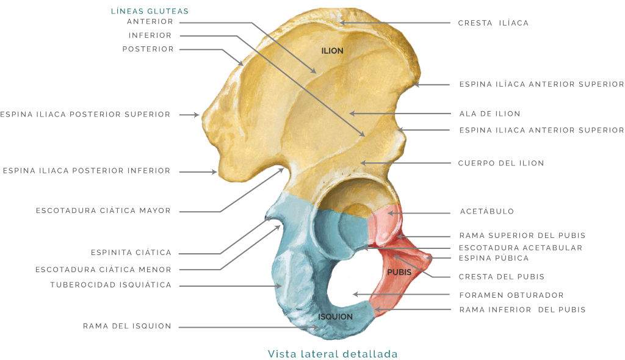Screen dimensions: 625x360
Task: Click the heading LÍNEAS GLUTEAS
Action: pyautogui.click(x=150, y=11)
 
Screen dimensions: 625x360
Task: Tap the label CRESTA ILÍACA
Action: pyautogui.click(x=493, y=23)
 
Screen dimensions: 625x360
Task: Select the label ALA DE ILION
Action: pyautogui.click(x=490, y=113)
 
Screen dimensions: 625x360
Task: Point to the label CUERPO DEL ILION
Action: pyautogui.click(x=501, y=163)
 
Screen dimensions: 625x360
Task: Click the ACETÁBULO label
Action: pyautogui.click(x=487, y=211)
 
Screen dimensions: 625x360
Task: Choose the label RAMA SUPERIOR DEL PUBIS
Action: pyautogui.click(x=522, y=236)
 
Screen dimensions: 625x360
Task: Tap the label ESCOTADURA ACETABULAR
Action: pyautogui.click(x=521, y=248)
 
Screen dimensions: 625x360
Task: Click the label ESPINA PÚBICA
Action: pyautogui.click(x=494, y=258)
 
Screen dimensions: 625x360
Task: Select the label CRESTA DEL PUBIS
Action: pyautogui.click(x=502, y=276)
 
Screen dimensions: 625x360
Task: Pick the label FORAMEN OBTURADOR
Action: pyautogui.click(x=511, y=295)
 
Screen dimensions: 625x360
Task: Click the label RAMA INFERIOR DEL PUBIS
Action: pyautogui.click(x=522, y=310)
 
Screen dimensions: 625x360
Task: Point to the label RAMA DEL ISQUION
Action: pyautogui.click(x=127, y=326)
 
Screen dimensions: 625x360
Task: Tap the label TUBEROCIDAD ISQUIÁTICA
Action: pyautogui.click(x=111, y=285)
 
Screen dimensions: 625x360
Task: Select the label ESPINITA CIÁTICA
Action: pyautogui.click(x=131, y=253)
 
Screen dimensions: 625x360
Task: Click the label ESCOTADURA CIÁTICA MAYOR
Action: pyautogui.click(x=103, y=211)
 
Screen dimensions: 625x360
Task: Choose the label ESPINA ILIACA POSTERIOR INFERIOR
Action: pyautogui.click(x=87, y=171)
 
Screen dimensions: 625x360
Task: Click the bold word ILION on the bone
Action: pyautogui.click(x=333, y=51)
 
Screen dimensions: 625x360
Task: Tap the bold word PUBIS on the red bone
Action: pyautogui.click(x=399, y=272)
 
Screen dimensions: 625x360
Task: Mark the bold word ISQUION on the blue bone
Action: pyautogui.click(x=335, y=317)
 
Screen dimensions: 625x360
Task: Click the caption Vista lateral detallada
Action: pyautogui.click(x=333, y=354)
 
